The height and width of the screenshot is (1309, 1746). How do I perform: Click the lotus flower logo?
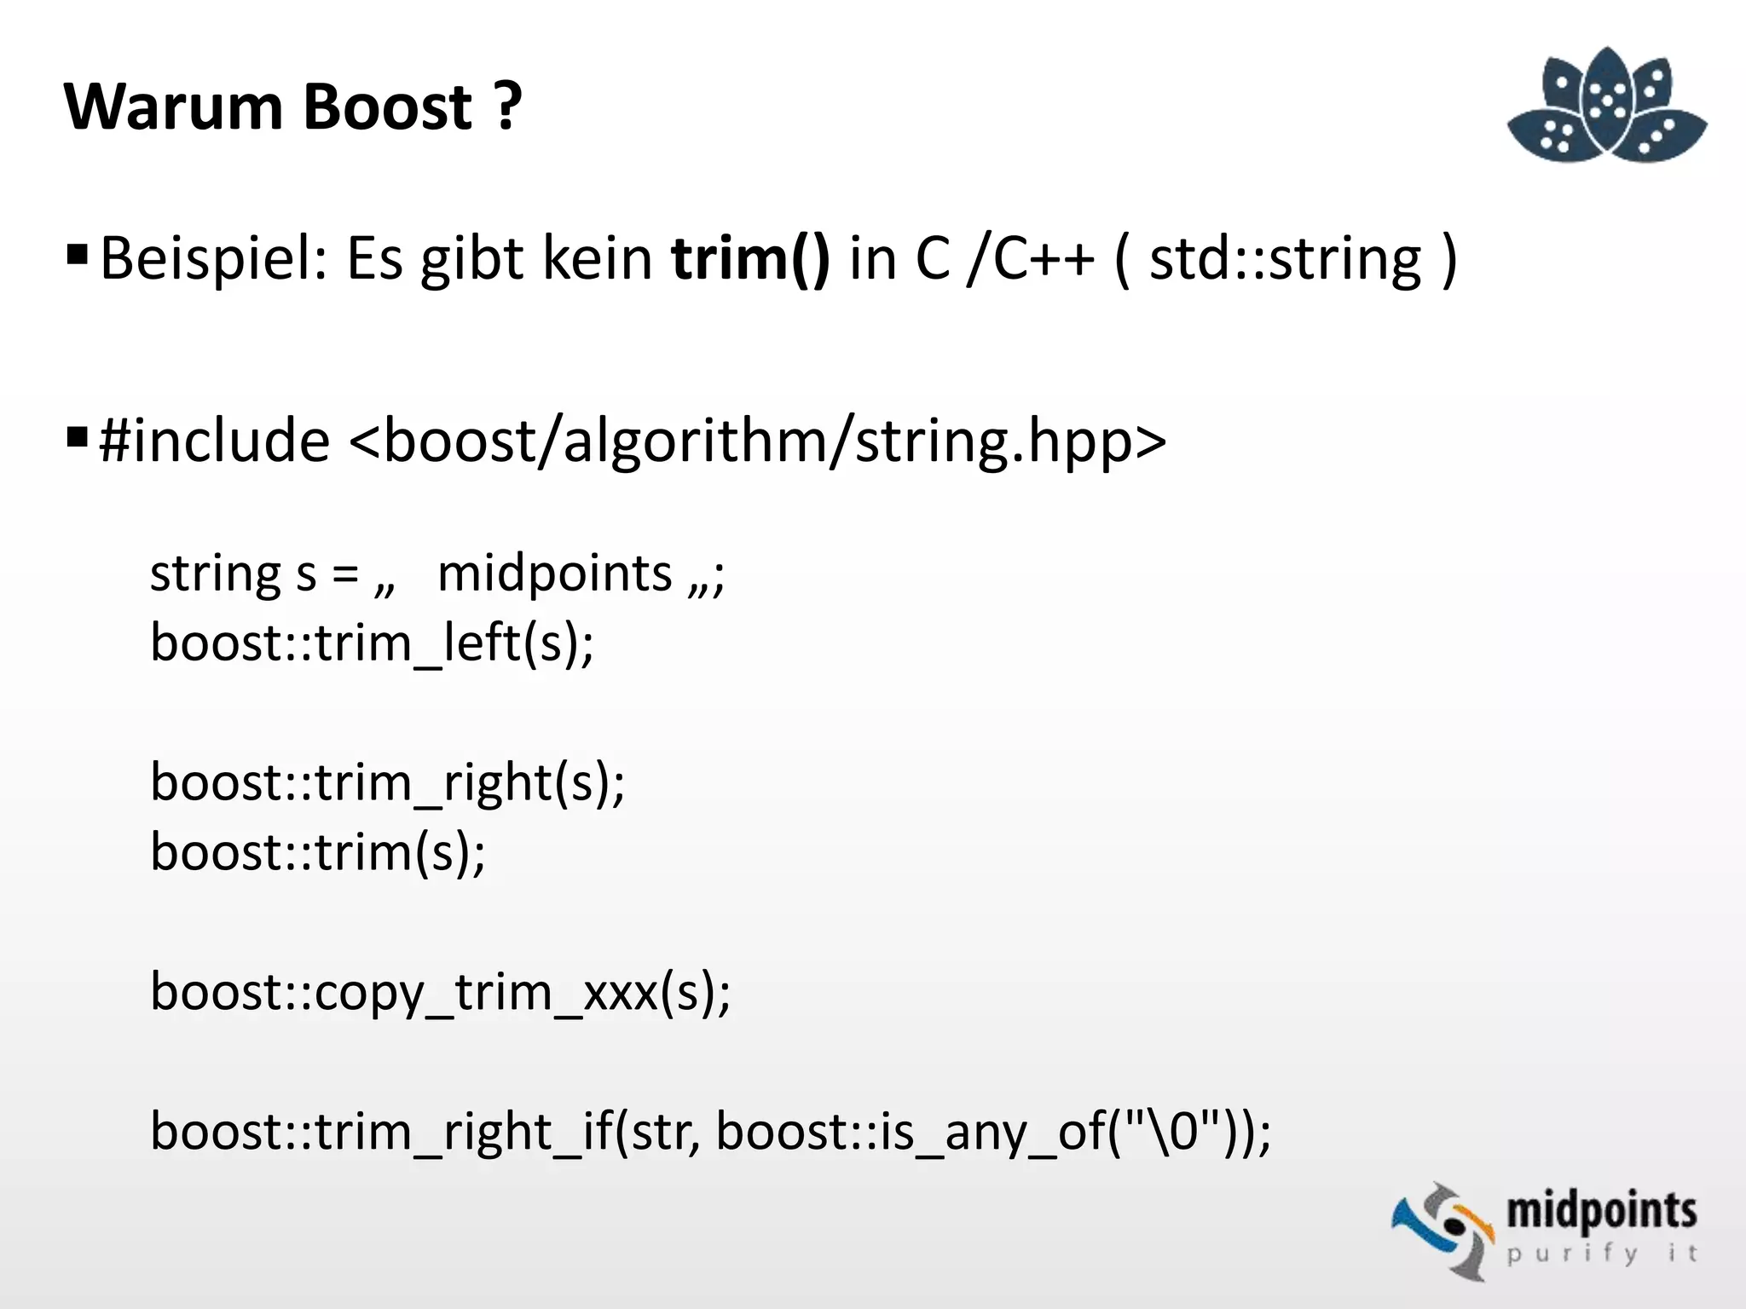point(1606,107)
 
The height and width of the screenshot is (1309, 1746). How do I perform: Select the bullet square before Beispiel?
point(77,254)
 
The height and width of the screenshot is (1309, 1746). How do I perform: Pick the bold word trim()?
point(749,259)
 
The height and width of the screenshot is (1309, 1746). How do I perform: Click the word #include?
point(214,441)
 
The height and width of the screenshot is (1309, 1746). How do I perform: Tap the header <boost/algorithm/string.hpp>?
point(757,441)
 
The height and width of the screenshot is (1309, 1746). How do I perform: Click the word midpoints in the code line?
point(554,574)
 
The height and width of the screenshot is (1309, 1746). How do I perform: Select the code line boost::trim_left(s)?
point(372,643)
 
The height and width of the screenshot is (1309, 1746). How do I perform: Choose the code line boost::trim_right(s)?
point(388,783)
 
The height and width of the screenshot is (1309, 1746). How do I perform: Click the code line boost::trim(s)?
point(318,852)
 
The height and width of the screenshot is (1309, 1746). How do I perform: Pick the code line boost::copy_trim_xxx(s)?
point(440,993)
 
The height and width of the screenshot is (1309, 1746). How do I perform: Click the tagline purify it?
point(1601,1254)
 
